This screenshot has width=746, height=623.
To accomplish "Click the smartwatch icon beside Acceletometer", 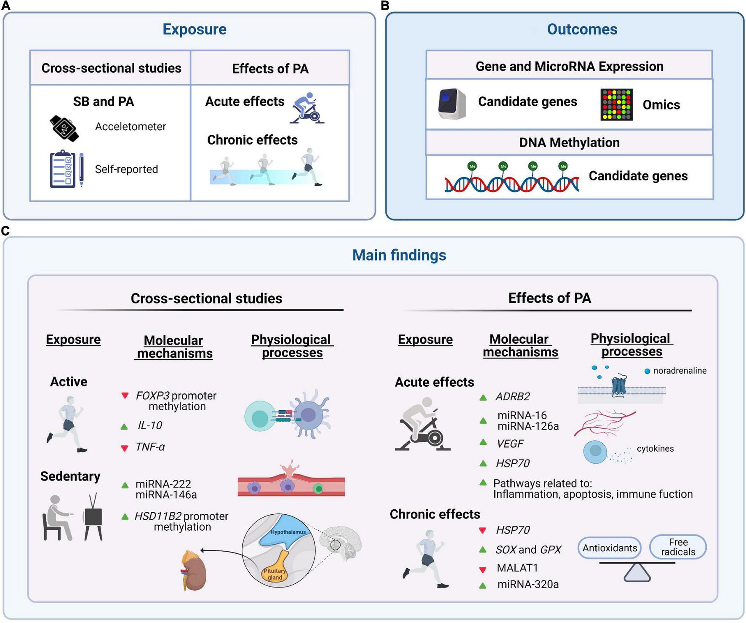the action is coord(64,128).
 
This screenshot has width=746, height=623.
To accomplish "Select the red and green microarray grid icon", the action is coord(616,104).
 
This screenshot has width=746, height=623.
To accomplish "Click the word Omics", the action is coord(661,104).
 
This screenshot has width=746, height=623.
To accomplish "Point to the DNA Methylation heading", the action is coord(569,142).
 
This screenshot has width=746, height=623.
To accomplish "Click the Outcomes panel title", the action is coord(582,29).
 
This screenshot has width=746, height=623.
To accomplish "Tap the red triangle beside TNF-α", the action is coord(125,448).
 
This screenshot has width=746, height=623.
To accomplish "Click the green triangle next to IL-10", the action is coord(124,427).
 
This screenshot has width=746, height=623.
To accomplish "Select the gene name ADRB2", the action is coord(512,396).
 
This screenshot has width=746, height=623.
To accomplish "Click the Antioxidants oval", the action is coord(610,548).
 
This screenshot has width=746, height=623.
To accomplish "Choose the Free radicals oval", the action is coord(678,547).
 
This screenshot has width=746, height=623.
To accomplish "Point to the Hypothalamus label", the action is coord(288,532).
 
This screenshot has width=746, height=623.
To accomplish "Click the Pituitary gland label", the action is coord(274,574).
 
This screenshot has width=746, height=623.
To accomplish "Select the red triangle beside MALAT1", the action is coord(483,570).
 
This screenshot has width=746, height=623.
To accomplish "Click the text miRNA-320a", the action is coord(528,584).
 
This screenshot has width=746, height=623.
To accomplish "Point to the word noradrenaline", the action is coord(680,371).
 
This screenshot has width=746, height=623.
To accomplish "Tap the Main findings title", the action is coord(399,255).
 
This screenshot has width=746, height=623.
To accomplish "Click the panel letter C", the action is coord(5,231).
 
